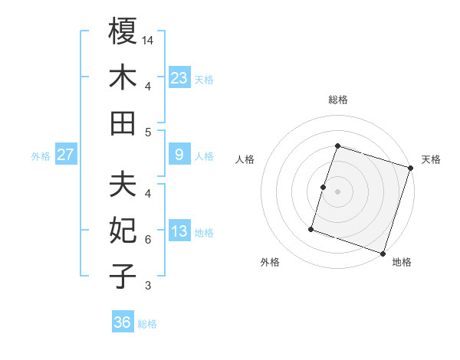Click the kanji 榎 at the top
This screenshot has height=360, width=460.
pos(123,32)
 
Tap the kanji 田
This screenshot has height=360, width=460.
pos(123,123)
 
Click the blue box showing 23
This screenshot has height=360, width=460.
pos(179,77)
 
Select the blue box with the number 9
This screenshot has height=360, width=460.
pos(179,155)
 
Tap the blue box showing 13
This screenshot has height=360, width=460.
pos(179,231)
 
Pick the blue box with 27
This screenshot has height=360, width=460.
pos(65,155)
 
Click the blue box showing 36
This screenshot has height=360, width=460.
pos(122,322)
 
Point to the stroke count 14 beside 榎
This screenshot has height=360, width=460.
pos(149,39)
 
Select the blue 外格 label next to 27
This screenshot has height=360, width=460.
pos(41,155)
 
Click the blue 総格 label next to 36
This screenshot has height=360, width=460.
pos(147,324)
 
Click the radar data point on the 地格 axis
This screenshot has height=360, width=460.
pos(383,254)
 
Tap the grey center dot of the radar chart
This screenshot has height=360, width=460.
pos(337,191)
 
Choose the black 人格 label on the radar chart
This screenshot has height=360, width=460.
pos(245,159)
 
